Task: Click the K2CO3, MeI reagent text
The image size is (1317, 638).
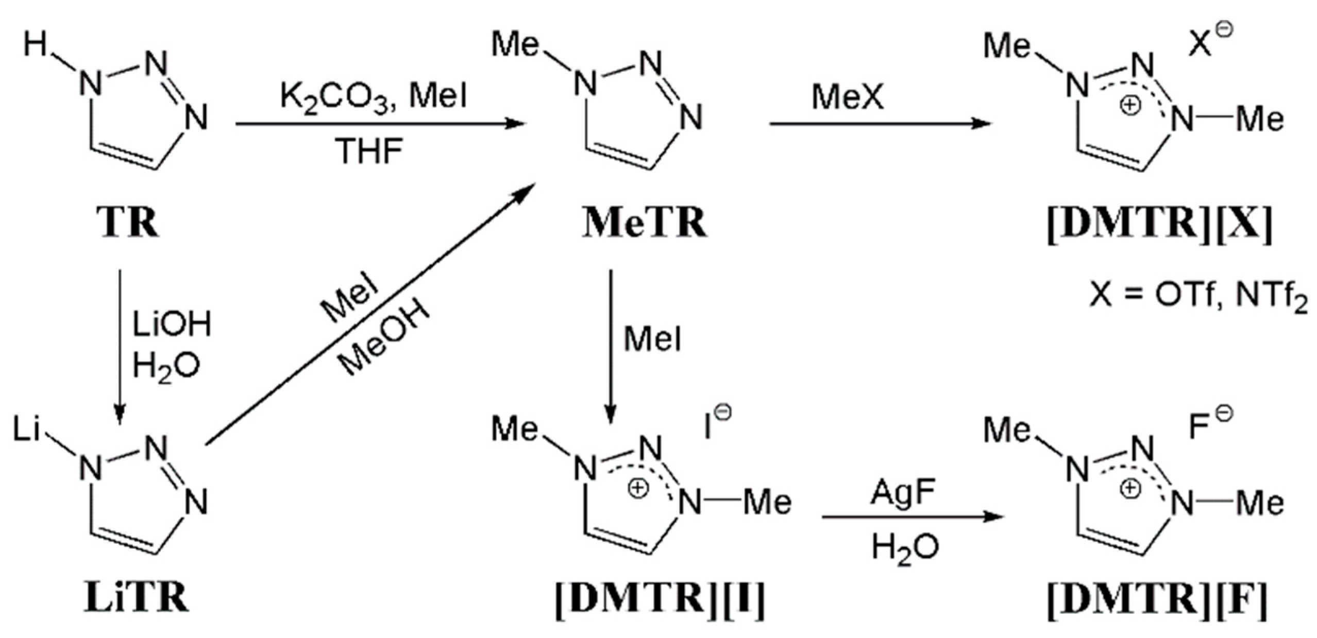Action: [374, 97]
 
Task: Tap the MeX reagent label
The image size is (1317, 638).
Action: [848, 97]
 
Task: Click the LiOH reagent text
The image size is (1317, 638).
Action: [172, 325]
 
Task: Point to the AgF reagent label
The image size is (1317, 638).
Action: [903, 493]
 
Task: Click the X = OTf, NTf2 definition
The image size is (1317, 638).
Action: [1198, 298]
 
